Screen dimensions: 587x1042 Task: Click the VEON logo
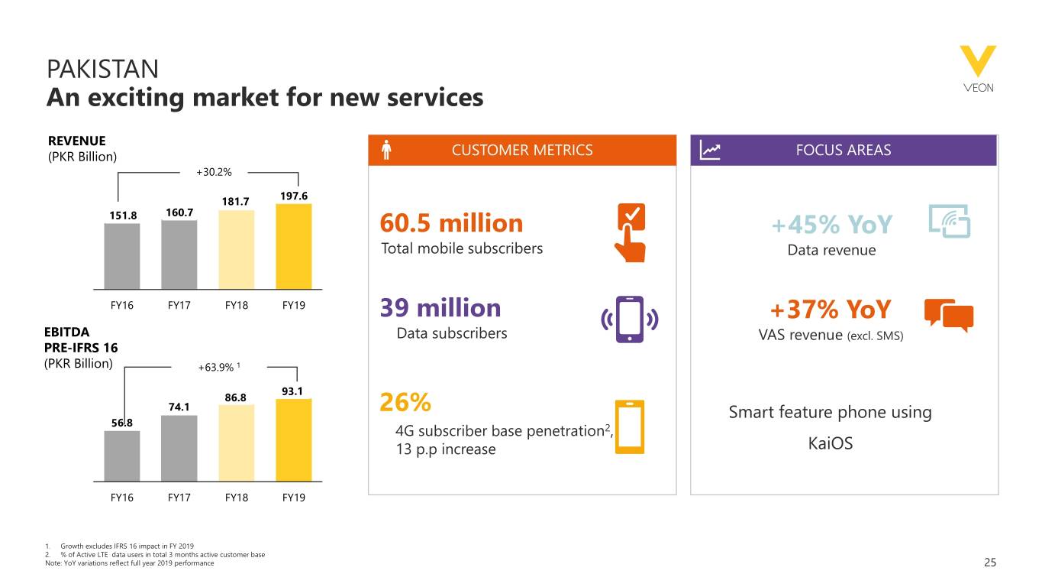coord(978,69)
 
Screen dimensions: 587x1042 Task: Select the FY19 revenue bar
coord(294,246)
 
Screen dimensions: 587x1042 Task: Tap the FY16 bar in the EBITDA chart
coord(122,456)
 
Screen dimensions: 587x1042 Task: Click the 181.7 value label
coord(235,202)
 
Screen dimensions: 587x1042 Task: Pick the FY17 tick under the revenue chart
coord(179,305)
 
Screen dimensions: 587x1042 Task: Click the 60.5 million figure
coord(451,223)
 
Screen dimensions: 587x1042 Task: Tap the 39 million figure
coord(440,308)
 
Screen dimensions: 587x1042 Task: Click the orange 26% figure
coord(405,402)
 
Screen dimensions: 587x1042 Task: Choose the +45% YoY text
coord(831,225)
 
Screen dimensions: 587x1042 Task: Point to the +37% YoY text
coord(830,310)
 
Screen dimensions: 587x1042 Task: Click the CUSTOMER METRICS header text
coord(522,151)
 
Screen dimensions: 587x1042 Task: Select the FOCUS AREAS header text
coord(844,151)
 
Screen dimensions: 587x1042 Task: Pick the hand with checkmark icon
coord(631,233)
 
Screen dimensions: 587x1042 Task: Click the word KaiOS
coord(830,443)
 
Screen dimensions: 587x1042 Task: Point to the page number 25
coord(990,563)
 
